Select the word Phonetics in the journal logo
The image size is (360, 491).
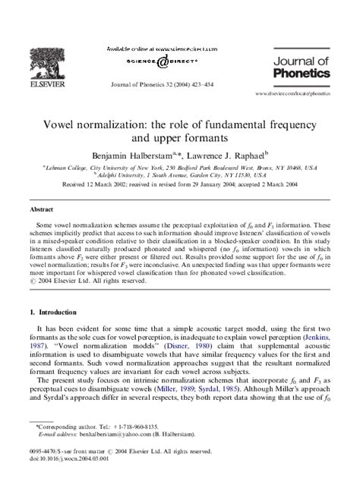pyautogui.click(x=302, y=74)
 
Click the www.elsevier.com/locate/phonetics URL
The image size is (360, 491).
pyautogui.click(x=298, y=93)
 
